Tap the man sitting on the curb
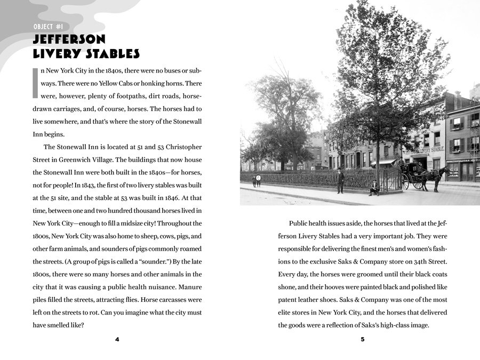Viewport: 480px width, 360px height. click(375, 188)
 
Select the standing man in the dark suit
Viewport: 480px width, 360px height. click(340, 181)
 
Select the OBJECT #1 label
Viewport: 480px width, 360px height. click(51, 27)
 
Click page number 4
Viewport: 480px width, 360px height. click(117, 340)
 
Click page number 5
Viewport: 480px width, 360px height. click(362, 340)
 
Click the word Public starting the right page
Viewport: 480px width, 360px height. click(299, 223)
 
